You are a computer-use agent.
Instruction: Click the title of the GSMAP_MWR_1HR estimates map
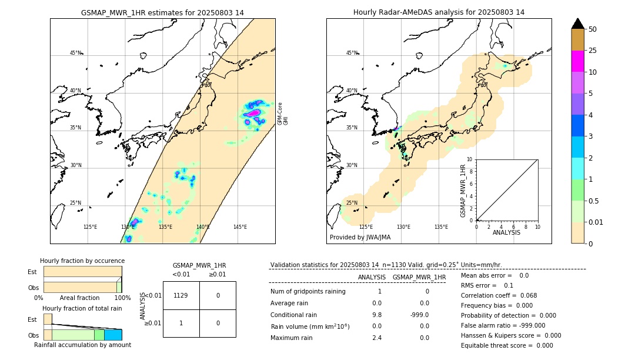pos(162,12)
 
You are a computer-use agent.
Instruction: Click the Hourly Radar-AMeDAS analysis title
pos(439,12)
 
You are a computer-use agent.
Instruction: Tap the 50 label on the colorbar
pos(593,29)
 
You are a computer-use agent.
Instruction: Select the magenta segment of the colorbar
pos(577,61)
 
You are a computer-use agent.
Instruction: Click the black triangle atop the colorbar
pos(577,24)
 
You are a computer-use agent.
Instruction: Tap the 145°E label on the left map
pos(240,227)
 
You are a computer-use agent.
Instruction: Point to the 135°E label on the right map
pos(441,227)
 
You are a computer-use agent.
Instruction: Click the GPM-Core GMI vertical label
pos(283,113)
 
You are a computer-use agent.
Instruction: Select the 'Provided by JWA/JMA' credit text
pos(360,238)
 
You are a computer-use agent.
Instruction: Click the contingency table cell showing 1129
pos(181,295)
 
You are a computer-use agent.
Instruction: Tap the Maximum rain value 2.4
pos(376,338)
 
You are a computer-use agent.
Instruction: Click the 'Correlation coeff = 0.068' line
pos(500,295)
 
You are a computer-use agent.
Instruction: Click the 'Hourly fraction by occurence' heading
pos(82,261)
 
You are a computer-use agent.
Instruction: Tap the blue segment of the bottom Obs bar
pos(113,335)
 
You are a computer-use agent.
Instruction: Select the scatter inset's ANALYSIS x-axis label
pos(507,232)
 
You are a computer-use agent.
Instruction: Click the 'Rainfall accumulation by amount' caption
pos(82,345)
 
